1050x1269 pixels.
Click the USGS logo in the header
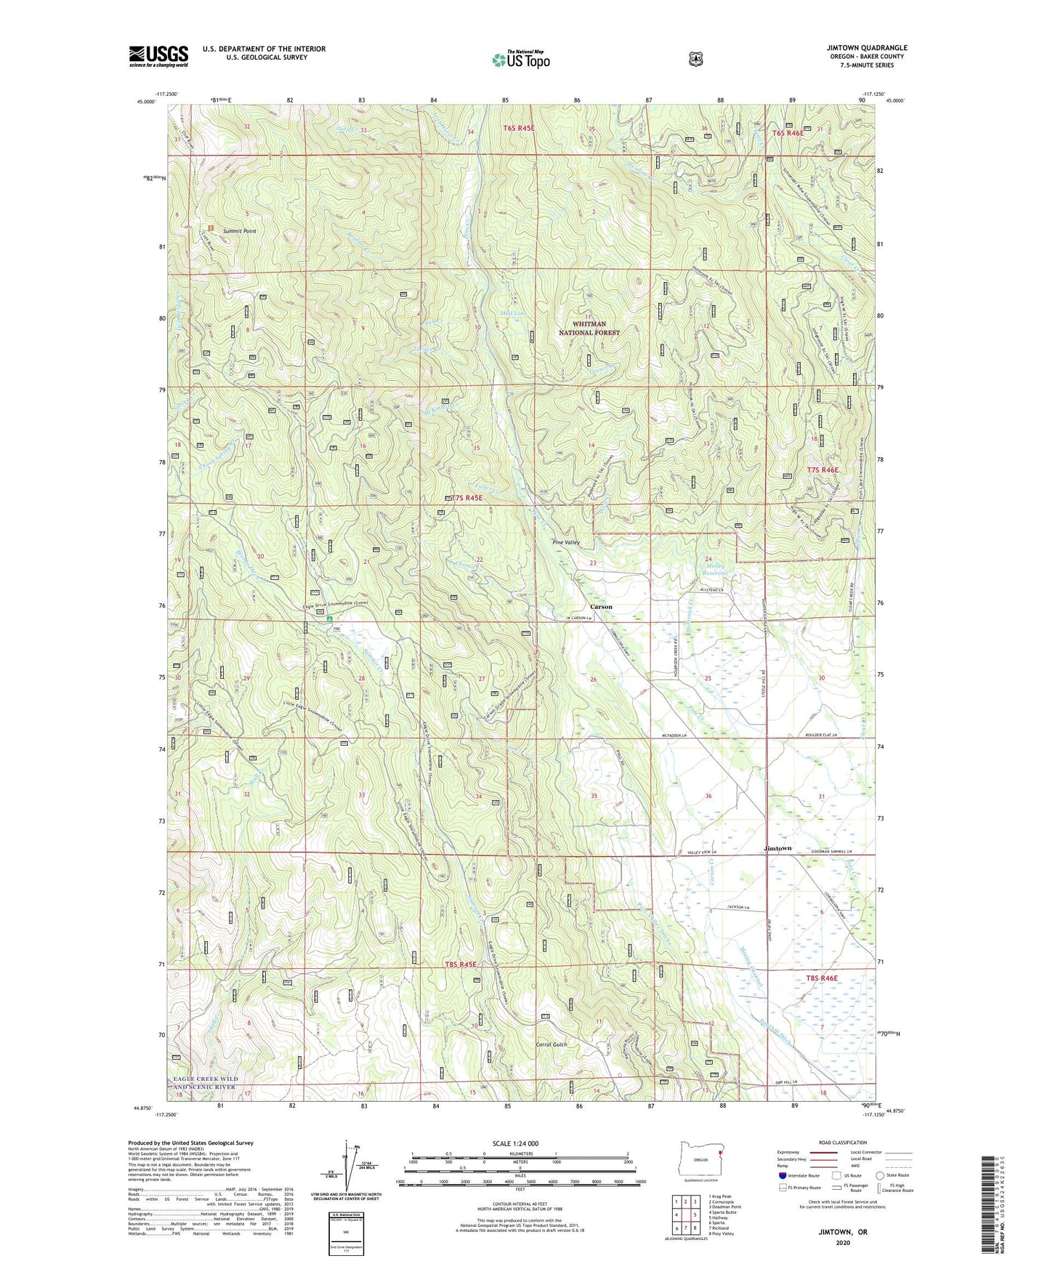158,55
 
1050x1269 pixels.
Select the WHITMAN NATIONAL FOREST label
589,328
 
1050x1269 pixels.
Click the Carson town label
600,606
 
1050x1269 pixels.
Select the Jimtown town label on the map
778,848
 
